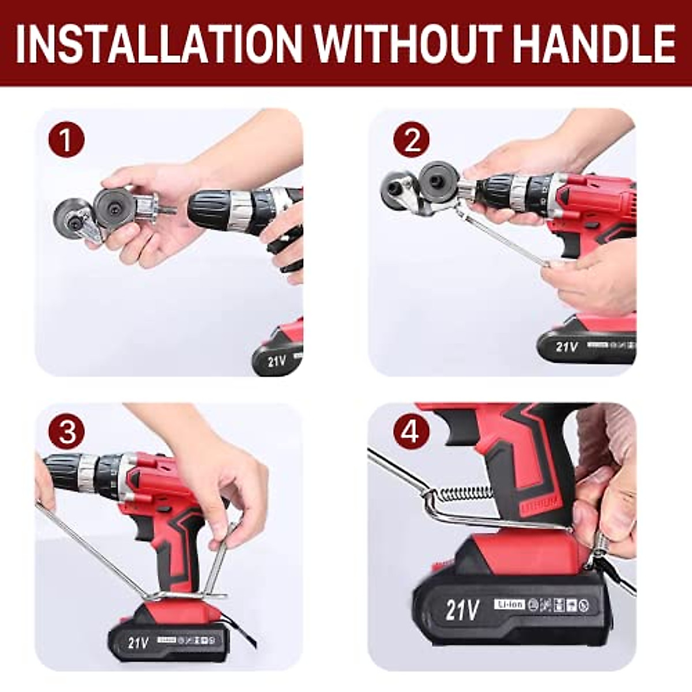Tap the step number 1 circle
pos(66,140)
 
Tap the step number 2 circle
pos(411,140)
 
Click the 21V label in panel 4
pos(462,610)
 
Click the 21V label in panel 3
pos(138,642)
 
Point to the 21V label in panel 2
pos(567,346)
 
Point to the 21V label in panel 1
pos(277,362)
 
